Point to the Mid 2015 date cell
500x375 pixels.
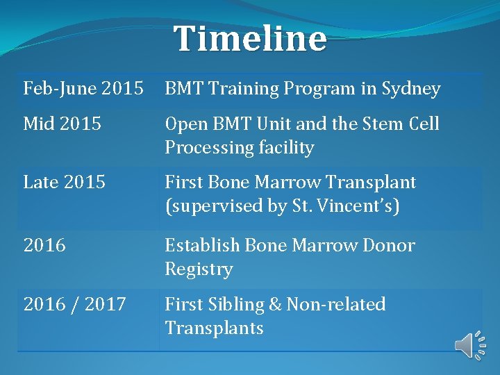pyautogui.click(x=62, y=124)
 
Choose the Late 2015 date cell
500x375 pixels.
pyautogui.click(x=65, y=183)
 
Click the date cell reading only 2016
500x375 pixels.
pyautogui.click(x=44, y=245)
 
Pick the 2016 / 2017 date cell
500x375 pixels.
pyautogui.click(x=74, y=304)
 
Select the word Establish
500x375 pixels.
pyautogui.click(x=200, y=245)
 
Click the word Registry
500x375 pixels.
pyautogui.click(x=199, y=269)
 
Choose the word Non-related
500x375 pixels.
pyautogui.click(x=336, y=304)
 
